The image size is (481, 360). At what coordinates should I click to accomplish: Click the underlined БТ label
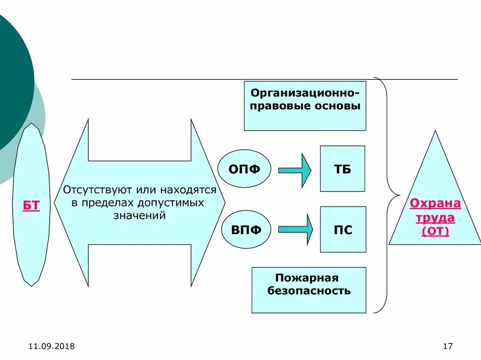[x=31, y=206]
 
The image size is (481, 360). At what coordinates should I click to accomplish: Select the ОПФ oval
[x=244, y=169]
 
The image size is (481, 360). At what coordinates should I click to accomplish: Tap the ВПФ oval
[x=245, y=230]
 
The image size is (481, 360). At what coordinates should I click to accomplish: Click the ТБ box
[x=342, y=169]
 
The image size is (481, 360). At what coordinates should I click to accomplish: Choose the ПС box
[x=343, y=230]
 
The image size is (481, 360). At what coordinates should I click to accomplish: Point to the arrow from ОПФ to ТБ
[x=295, y=169]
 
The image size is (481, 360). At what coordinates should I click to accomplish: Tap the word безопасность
[x=309, y=291]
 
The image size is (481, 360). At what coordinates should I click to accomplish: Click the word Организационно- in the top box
[x=305, y=92]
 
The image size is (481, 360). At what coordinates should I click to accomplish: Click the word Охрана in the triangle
[x=435, y=204]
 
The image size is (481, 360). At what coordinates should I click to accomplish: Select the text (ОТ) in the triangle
[x=435, y=231]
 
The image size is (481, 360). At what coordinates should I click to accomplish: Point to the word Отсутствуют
[x=98, y=191]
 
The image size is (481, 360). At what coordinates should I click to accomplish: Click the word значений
[x=140, y=215]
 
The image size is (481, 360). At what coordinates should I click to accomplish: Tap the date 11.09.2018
[x=52, y=346]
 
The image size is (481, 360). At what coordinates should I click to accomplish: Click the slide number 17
[x=447, y=346]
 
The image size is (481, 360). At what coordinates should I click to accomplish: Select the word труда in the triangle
[x=435, y=217]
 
